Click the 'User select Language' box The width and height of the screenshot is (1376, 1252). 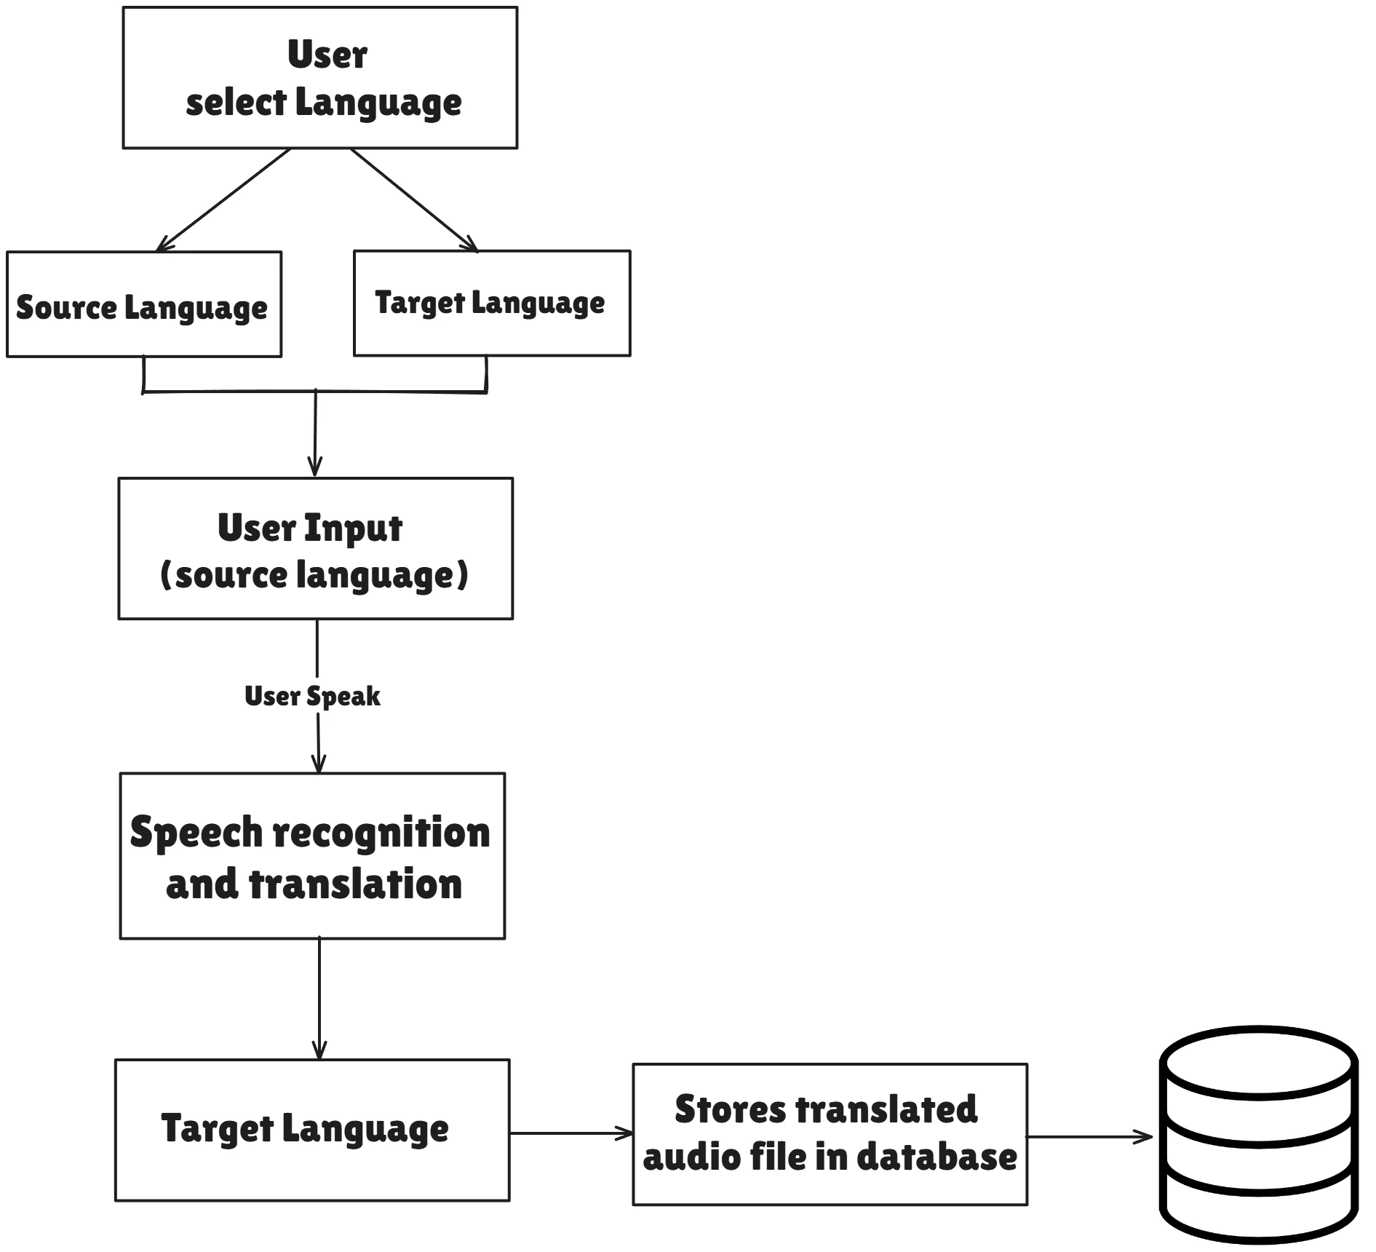(x=320, y=78)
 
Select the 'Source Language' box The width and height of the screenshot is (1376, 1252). (x=144, y=304)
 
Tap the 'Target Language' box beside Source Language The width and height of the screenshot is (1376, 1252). (x=492, y=303)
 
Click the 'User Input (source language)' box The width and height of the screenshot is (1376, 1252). (x=316, y=549)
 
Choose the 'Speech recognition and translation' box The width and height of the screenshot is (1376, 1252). (x=312, y=856)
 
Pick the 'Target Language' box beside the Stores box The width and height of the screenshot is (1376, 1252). (x=312, y=1130)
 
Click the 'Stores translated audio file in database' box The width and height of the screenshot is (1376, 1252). (x=830, y=1135)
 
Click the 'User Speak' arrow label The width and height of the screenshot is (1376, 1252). (x=312, y=697)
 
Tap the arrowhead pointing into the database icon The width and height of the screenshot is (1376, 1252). (x=1145, y=1136)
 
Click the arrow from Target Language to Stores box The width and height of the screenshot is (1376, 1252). (x=572, y=1133)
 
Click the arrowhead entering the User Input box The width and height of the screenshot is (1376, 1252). (x=314, y=467)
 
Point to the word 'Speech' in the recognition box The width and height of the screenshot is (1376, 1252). (x=196, y=833)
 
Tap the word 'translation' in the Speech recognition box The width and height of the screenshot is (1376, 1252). (x=355, y=884)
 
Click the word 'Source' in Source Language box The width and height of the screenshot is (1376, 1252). (x=66, y=307)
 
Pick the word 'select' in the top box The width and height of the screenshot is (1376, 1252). (x=236, y=103)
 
